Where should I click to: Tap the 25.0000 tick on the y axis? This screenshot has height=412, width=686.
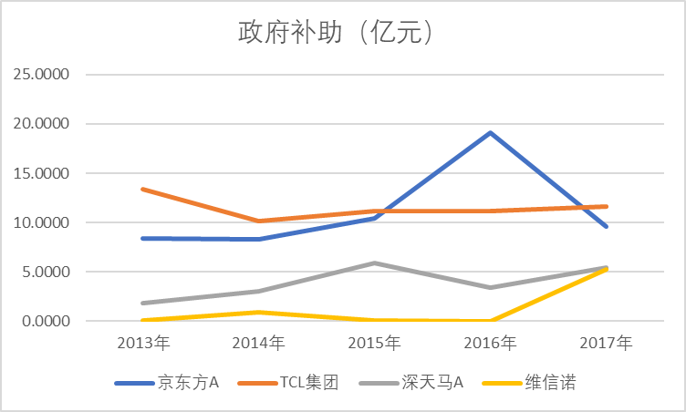coord(39,75)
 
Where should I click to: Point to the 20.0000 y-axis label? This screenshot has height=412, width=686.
coord(39,124)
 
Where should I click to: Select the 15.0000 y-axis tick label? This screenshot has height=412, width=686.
coord(39,173)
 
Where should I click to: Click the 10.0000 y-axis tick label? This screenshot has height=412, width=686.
coord(39,222)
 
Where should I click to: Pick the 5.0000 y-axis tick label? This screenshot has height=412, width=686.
coord(43,272)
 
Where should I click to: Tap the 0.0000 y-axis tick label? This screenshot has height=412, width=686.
coord(43,321)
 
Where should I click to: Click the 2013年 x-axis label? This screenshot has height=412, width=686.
coord(143,344)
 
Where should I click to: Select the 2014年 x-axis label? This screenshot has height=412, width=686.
coord(259,344)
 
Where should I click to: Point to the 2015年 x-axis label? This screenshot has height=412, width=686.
coord(375,344)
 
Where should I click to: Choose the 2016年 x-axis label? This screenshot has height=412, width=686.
coord(491,344)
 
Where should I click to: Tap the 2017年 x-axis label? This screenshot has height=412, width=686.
coord(607,344)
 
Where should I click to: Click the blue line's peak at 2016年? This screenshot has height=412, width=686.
coord(491,133)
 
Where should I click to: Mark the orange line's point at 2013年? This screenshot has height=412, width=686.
coord(143,189)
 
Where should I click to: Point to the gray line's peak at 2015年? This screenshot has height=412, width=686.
coord(375,263)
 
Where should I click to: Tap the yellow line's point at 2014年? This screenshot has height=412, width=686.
coord(259,313)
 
